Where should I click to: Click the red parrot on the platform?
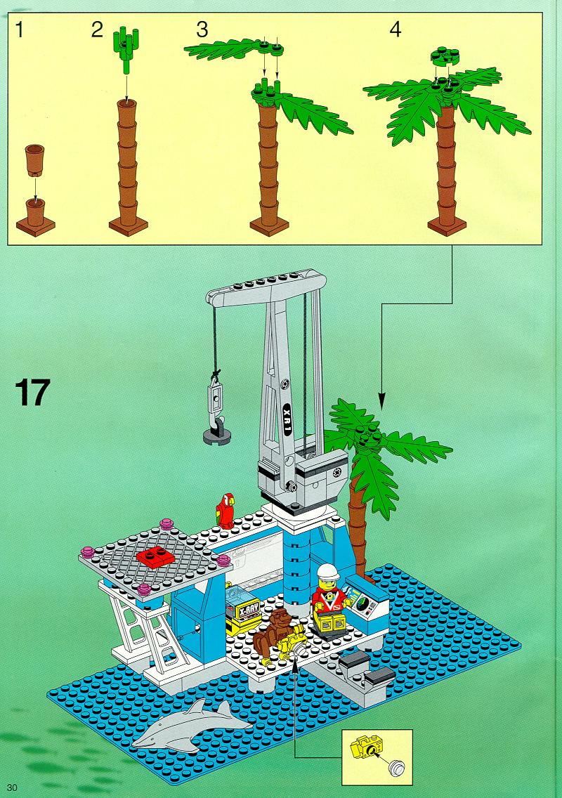click(225, 510)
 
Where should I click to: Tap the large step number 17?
click(32, 392)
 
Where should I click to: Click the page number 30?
click(12, 787)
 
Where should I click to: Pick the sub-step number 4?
click(395, 30)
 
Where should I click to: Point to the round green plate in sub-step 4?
click(445, 56)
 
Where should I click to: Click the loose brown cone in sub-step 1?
click(34, 159)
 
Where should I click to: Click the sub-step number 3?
click(202, 30)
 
